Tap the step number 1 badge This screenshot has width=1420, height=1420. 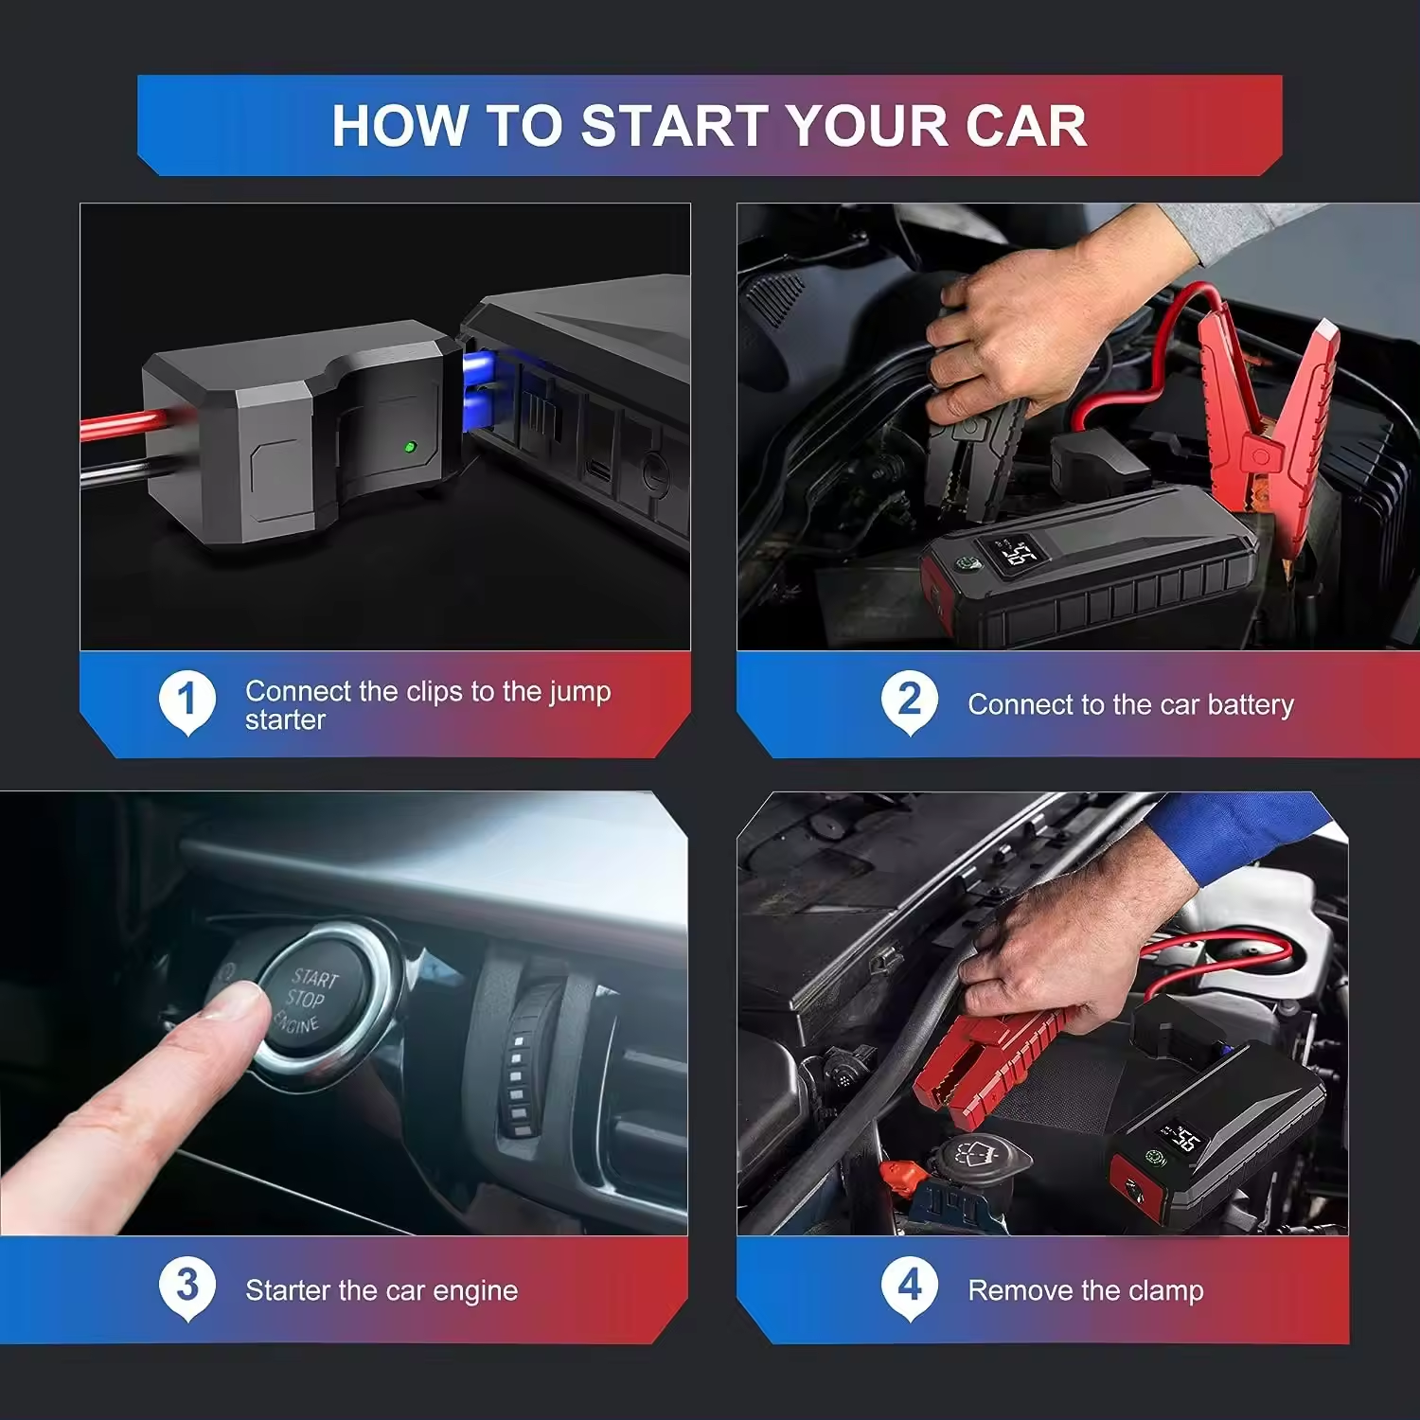pyautogui.click(x=186, y=701)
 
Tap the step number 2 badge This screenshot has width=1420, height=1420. pyautogui.click(x=909, y=701)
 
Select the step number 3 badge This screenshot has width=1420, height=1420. pyautogui.click(x=186, y=1287)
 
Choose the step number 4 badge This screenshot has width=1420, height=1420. pyautogui.click(x=909, y=1287)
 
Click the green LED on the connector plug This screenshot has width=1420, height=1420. pyautogui.click(x=410, y=446)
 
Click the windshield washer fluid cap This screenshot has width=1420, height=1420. pyautogui.click(x=980, y=1156)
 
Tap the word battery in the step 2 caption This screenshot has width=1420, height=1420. pyautogui.click(x=1251, y=705)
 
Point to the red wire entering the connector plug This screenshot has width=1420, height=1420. pyautogui.click(x=114, y=425)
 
